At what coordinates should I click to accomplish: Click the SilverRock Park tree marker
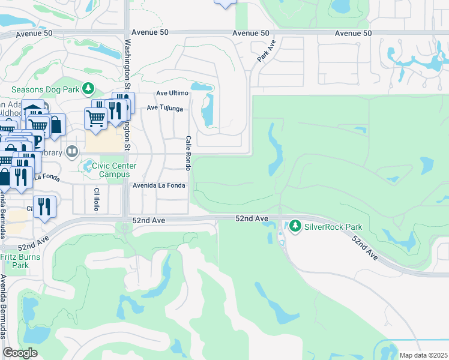(295, 227)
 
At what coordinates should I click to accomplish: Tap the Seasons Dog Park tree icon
(88, 89)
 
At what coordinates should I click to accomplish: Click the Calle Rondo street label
(188, 152)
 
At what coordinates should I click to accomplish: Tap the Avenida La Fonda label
(160, 186)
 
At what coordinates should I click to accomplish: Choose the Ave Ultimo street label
(172, 94)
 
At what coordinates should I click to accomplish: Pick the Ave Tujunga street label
(164, 109)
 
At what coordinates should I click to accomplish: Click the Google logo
(20, 352)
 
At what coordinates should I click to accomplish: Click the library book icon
(73, 151)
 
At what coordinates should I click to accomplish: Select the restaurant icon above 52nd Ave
(45, 207)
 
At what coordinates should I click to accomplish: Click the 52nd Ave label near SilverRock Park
(251, 219)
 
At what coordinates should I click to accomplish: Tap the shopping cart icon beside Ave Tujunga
(95, 118)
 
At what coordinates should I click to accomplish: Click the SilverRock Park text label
(333, 227)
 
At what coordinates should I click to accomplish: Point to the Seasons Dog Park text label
(46, 89)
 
